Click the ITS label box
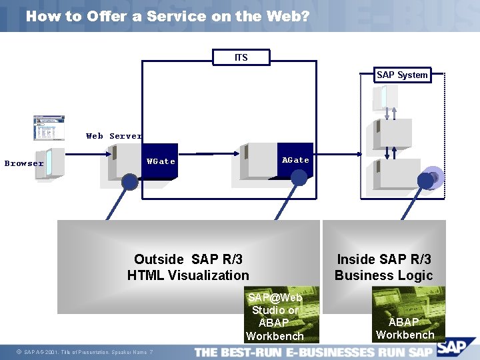(241, 57)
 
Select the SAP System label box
(401, 75)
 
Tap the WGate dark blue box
(161, 161)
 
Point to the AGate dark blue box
(295, 159)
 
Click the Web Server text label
(113, 136)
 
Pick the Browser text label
(24, 163)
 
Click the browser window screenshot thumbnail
(49, 128)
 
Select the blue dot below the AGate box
(299, 177)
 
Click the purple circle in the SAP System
(433, 177)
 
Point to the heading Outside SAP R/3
(188, 259)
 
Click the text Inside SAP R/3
(384, 259)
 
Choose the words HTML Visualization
(188, 275)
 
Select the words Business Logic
(384, 275)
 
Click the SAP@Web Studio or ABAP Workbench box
(275, 317)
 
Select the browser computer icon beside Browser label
(51, 163)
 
